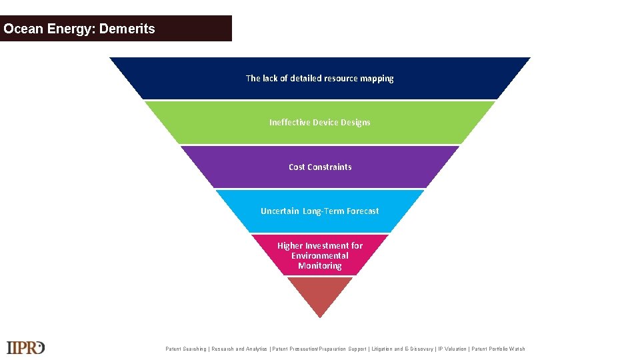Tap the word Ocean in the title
pos(24,29)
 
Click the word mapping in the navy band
pos(377,78)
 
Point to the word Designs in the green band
pos(355,122)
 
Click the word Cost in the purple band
pos(297,167)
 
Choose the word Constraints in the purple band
pos(329,167)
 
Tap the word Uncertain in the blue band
pos(280,211)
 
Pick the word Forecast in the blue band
pos(363,211)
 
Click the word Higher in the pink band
pos(290,245)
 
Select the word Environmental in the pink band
pos(320,255)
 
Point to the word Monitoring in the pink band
pos(320,265)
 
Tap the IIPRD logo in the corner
pos(25,347)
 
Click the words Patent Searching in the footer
pos(186,349)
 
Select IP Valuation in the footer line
pos(452,349)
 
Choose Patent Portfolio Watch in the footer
pos(498,349)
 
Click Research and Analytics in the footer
pos(239,349)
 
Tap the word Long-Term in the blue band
pos(323,211)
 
